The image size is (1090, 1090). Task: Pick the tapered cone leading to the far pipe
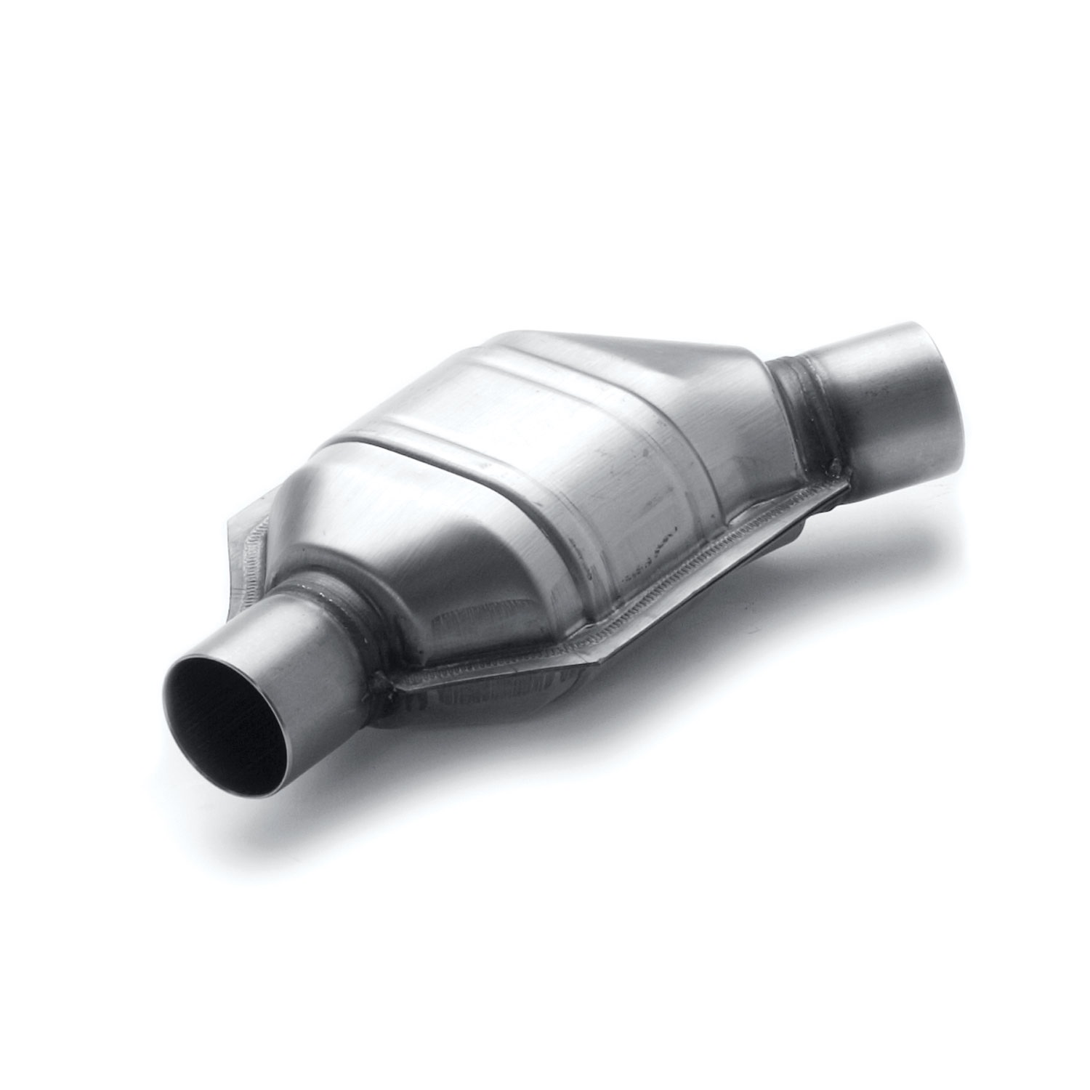pyautogui.click(x=734, y=407)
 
